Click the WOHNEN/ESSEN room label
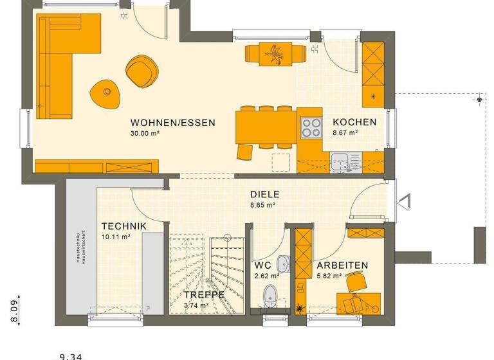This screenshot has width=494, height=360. [x=172, y=122]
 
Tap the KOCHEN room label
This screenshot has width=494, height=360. [x=354, y=122]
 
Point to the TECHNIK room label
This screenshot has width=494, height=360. [x=124, y=226]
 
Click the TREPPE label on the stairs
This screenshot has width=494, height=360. [x=204, y=294]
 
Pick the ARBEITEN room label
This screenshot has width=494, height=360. [x=342, y=265]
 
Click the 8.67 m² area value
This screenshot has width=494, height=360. [x=345, y=133]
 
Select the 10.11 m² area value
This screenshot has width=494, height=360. [x=116, y=237]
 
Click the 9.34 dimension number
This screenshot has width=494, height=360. [x=72, y=355]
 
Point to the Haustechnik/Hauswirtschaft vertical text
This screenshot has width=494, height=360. [x=78, y=247]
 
